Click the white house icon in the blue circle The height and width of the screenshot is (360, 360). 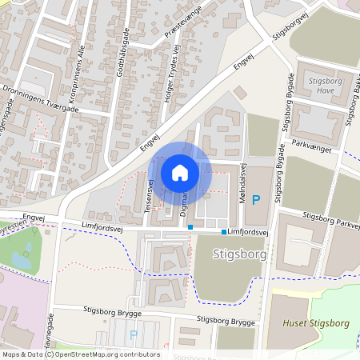tap(180, 173)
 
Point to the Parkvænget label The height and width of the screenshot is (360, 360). tap(312, 145)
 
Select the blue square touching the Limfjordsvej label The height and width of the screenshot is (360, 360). tap(223, 232)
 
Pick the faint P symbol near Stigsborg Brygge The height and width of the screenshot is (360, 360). tap(134, 335)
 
